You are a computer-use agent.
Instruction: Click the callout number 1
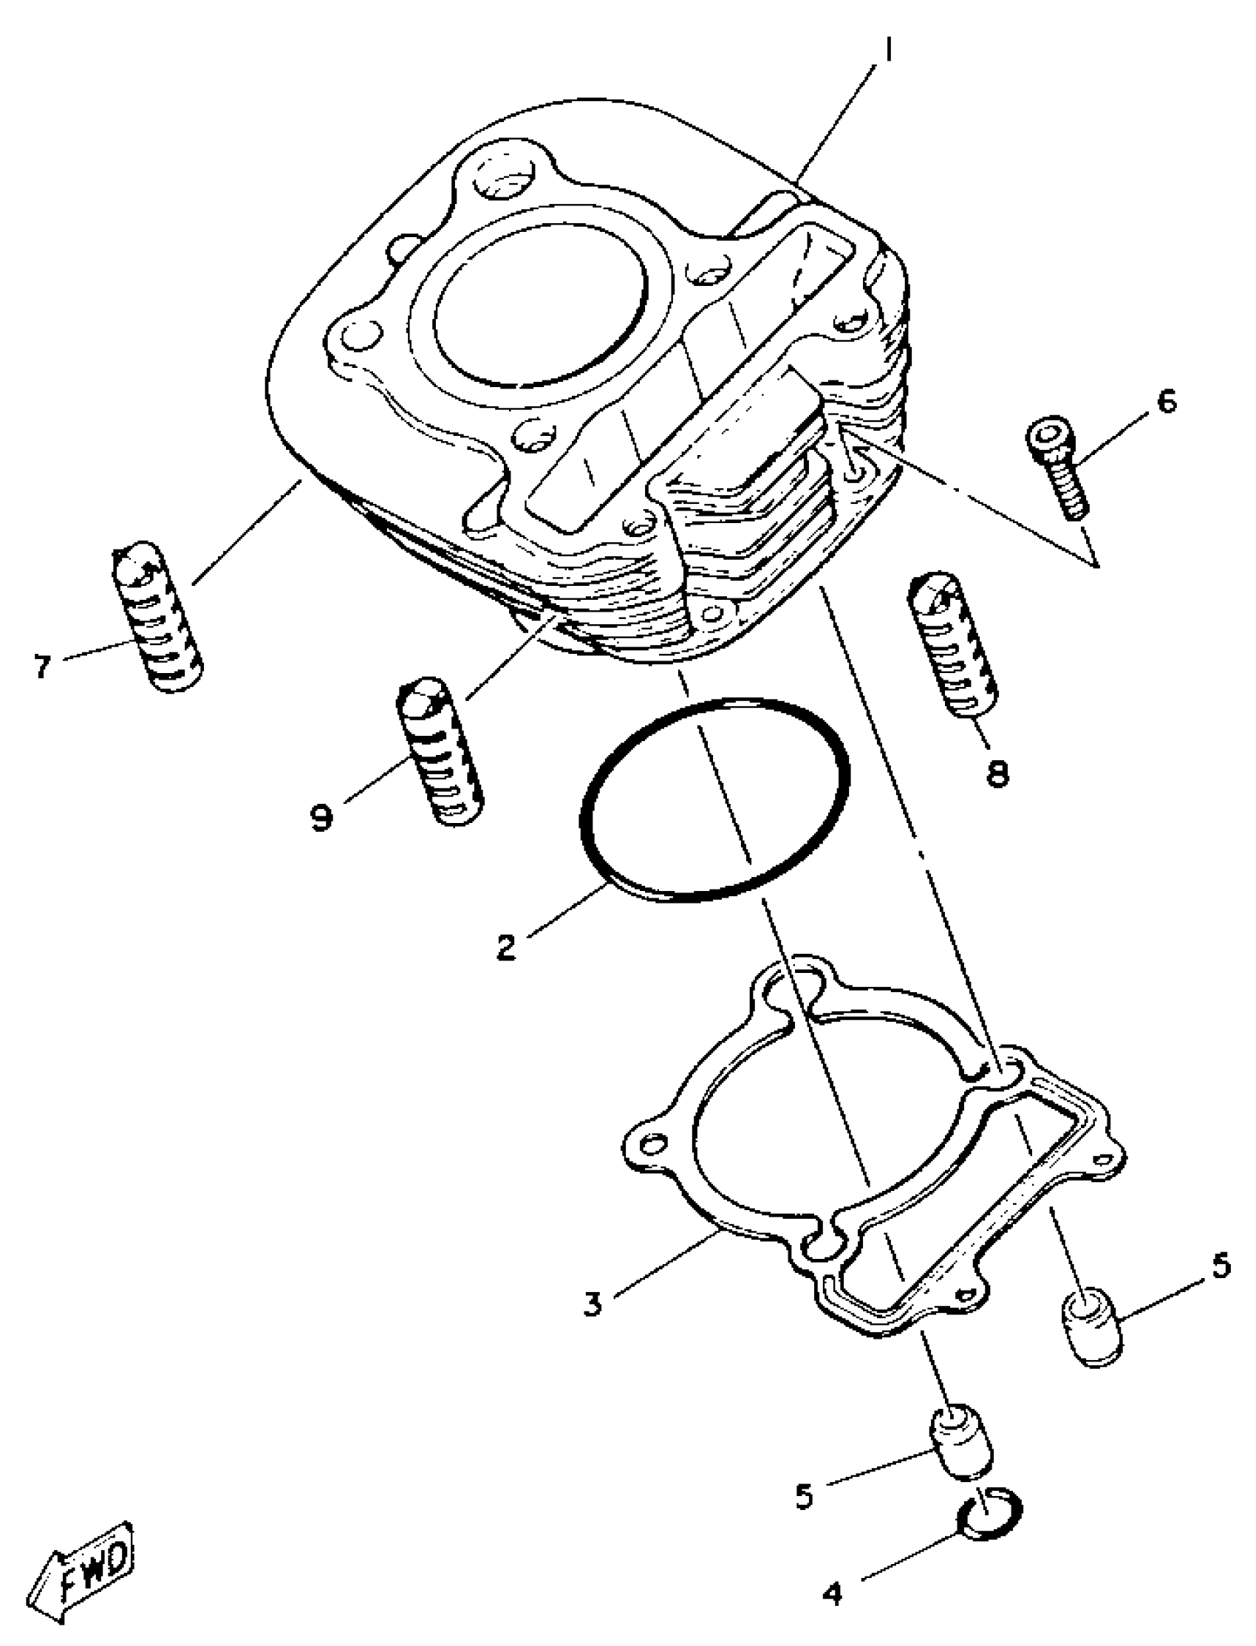887,52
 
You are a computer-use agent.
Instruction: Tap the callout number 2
506,948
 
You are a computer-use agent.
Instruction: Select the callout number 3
593,1304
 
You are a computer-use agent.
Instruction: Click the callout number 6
1166,401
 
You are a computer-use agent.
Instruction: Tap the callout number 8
997,774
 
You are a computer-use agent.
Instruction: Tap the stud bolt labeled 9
440,751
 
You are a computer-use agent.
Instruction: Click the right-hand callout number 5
1218,1266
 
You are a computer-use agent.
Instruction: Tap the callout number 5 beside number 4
803,1497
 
